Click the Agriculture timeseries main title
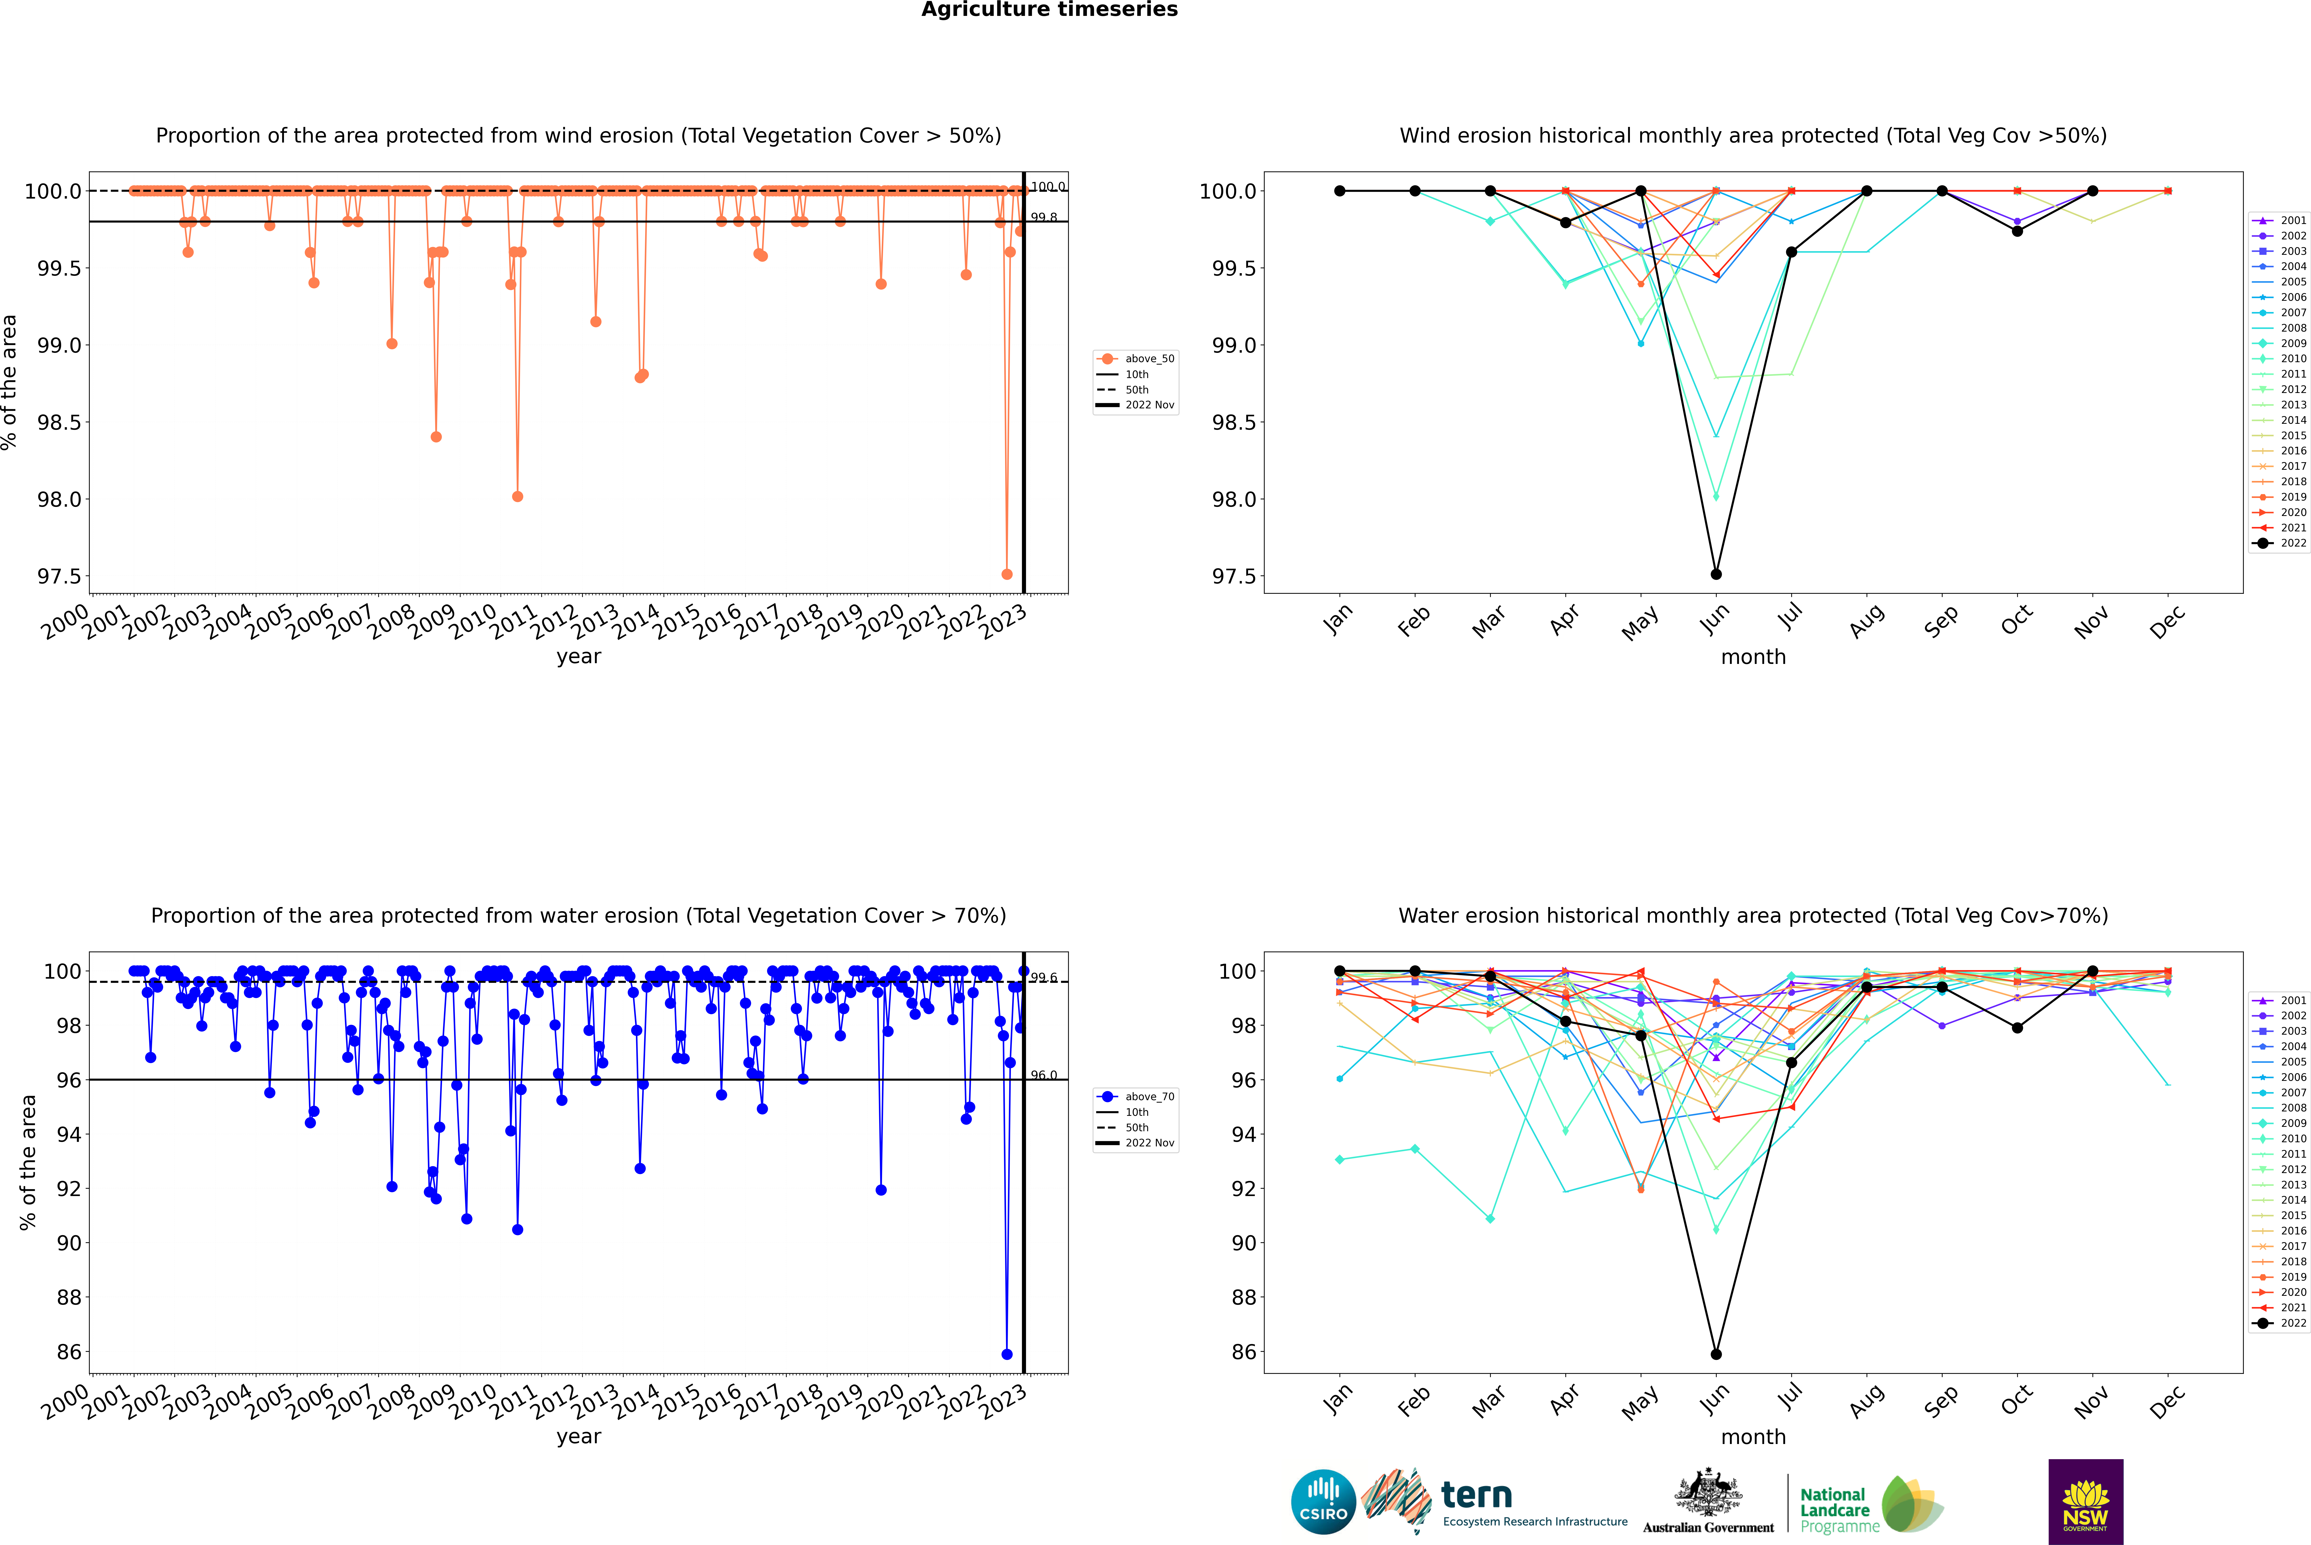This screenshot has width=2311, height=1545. [1049, 10]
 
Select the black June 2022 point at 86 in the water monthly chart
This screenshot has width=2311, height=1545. [1716, 1354]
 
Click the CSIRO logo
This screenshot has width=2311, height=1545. [1323, 1502]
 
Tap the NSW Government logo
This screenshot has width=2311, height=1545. [2085, 1502]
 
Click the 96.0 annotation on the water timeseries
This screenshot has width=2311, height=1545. [1043, 1075]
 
